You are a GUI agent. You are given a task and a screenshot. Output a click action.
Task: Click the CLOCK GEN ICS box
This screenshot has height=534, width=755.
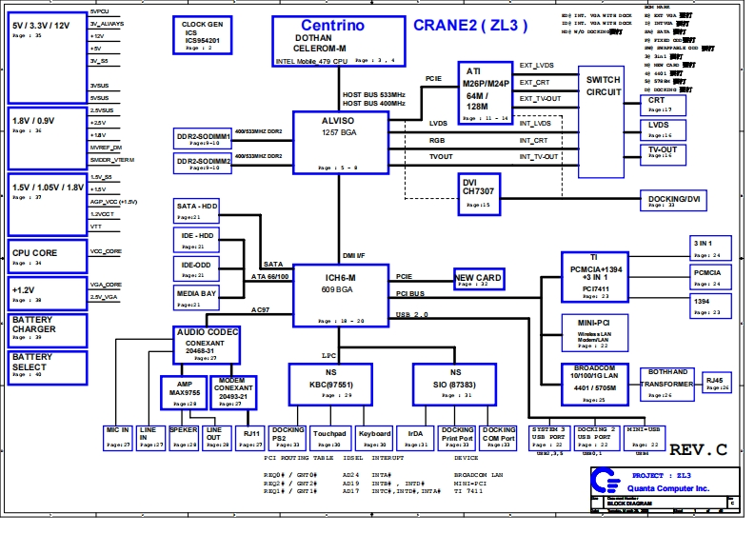pos(202,35)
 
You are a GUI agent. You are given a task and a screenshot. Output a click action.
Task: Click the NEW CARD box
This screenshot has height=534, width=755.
pos(479,279)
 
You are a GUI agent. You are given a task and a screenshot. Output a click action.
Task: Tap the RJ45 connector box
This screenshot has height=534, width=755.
pos(718,383)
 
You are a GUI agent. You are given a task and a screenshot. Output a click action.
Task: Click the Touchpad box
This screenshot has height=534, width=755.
pos(329,437)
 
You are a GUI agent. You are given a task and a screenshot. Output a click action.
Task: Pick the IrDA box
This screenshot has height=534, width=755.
pos(409,437)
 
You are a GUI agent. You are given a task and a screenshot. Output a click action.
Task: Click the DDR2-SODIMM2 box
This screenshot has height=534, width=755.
pos(204,164)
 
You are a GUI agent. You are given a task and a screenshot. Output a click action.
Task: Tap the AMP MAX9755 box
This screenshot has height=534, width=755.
pos(185,391)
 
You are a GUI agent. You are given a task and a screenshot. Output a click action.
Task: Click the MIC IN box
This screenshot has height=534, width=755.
pos(117,437)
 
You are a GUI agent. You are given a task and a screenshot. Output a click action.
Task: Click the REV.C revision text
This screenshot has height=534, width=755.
pos(698,448)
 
